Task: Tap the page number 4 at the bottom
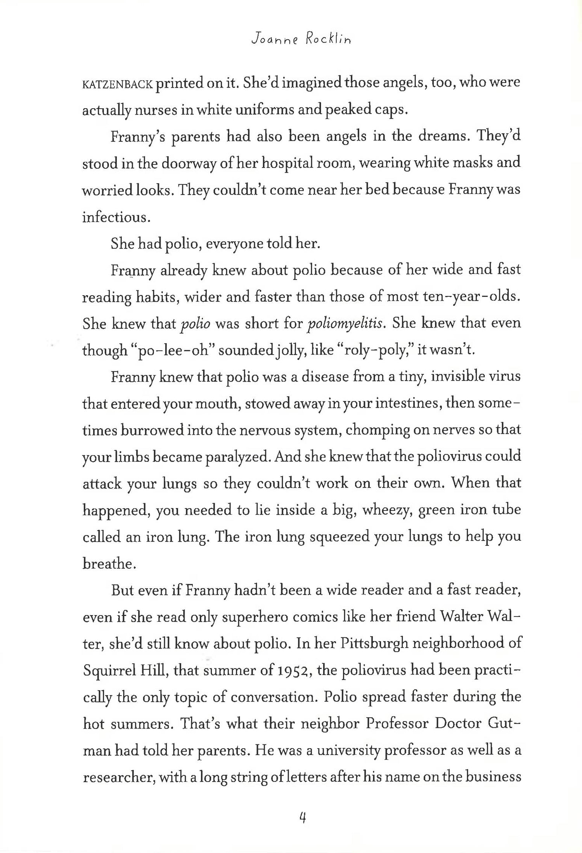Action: pos(303,818)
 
